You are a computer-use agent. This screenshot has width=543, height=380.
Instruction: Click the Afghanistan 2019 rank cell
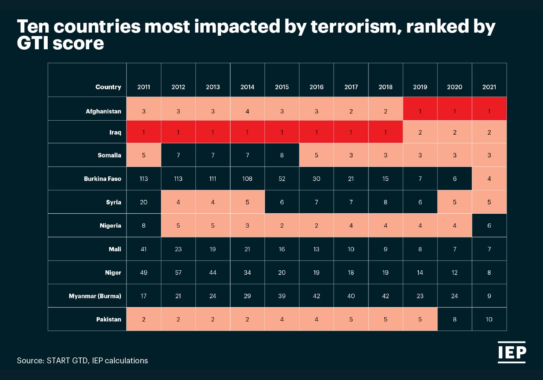pyautogui.click(x=420, y=111)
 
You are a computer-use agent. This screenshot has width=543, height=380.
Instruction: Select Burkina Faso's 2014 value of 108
pyautogui.click(x=247, y=179)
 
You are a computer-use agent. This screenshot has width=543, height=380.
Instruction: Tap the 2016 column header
pyautogui.click(x=316, y=87)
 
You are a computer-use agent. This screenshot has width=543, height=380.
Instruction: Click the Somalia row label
pyautogui.click(x=109, y=155)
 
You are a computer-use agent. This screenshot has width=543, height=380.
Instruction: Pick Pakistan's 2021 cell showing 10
pyautogui.click(x=489, y=320)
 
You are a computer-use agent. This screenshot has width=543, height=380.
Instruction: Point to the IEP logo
pyautogui.click(x=512, y=352)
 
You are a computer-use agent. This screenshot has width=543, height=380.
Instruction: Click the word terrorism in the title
pyautogui.click(x=356, y=26)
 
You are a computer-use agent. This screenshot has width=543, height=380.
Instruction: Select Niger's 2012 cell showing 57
pyautogui.click(x=178, y=273)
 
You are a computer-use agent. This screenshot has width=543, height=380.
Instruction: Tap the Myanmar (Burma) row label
pyautogui.click(x=95, y=296)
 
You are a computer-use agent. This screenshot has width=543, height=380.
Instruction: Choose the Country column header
pyautogui.click(x=108, y=87)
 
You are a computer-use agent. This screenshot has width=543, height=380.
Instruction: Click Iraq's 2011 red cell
pyautogui.click(x=144, y=132)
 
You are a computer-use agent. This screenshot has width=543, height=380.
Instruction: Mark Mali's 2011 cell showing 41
pyautogui.click(x=144, y=249)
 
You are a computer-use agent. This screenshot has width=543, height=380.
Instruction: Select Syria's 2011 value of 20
pyautogui.click(x=144, y=202)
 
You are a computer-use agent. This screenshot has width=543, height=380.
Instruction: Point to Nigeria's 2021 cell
pyautogui.click(x=489, y=226)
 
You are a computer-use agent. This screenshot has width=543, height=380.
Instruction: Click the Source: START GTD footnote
pyautogui.click(x=82, y=361)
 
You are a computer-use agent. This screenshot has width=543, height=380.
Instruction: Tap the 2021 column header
pyautogui.click(x=489, y=87)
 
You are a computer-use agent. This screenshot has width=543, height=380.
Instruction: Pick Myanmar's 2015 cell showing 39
pyautogui.click(x=282, y=296)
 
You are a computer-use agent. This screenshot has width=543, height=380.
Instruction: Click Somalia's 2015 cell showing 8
pyautogui.click(x=282, y=155)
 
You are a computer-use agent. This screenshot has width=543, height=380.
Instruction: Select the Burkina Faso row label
pyautogui.click(x=102, y=179)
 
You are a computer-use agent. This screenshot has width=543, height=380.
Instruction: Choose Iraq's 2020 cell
pyautogui.click(x=455, y=132)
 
